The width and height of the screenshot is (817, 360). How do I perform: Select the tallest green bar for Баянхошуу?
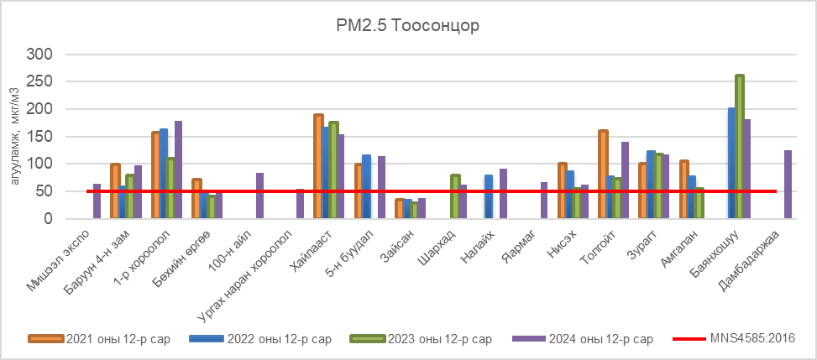[739, 147]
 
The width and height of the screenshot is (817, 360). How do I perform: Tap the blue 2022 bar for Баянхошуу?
[731, 164]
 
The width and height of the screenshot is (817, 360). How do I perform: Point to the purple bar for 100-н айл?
[259, 196]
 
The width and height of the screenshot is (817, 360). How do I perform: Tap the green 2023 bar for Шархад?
[455, 197]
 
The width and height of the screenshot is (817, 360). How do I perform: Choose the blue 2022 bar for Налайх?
[489, 197]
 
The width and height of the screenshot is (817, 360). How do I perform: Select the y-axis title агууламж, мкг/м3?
[14, 136]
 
